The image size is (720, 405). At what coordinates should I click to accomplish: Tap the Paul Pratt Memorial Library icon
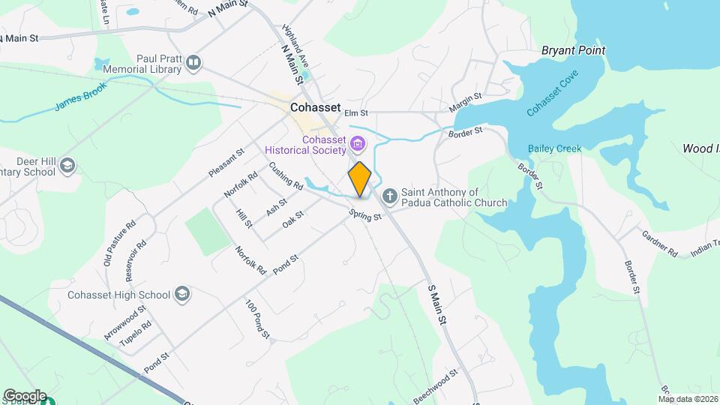click(194, 63)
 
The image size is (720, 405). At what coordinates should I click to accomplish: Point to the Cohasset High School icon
click(181, 294)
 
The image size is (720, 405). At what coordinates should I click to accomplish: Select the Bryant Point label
click(574, 50)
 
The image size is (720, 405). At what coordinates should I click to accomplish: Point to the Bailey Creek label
click(554, 148)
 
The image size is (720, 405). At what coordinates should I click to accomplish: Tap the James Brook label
click(81, 97)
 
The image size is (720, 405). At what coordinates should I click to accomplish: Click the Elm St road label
click(356, 113)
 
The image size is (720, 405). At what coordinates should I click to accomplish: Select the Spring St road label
click(365, 215)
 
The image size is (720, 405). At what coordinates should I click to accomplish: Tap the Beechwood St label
click(435, 384)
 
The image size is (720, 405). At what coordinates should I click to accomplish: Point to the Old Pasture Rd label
click(120, 242)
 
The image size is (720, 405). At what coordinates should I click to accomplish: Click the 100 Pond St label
click(256, 318)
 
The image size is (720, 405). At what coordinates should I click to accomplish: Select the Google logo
click(25, 395)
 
